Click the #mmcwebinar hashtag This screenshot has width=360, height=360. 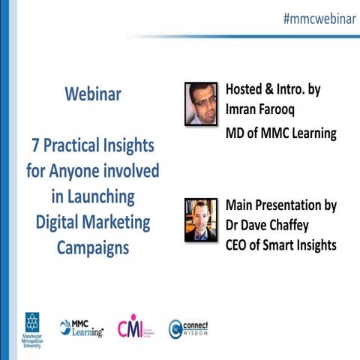(x=319, y=19)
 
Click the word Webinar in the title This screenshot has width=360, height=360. (x=93, y=95)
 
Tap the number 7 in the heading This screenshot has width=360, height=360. (x=34, y=144)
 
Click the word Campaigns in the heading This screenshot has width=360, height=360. (x=93, y=247)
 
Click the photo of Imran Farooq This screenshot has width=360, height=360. (x=200, y=103)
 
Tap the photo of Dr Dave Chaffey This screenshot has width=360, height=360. (x=200, y=219)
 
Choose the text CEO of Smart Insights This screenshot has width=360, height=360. (x=281, y=244)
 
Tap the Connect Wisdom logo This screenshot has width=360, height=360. (x=188, y=328)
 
